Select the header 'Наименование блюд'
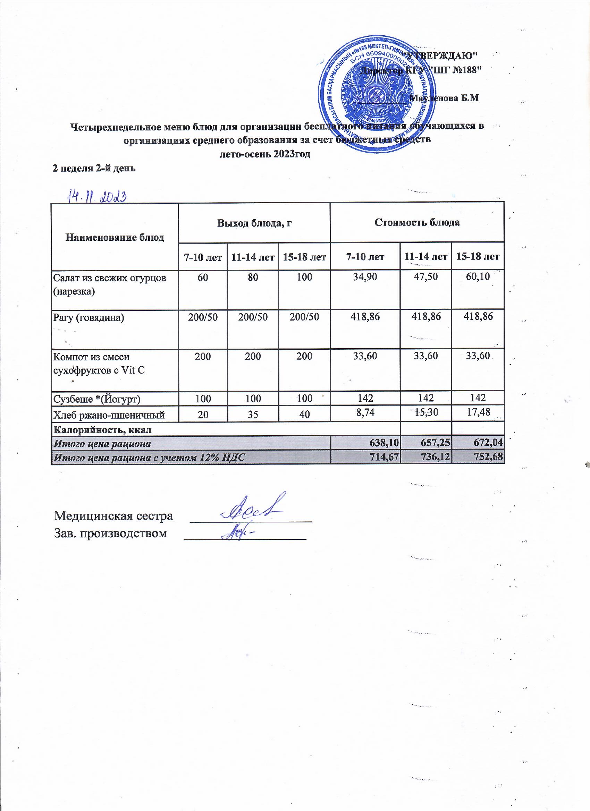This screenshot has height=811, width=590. [x=115, y=237]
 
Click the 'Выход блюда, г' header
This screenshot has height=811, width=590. [x=254, y=223]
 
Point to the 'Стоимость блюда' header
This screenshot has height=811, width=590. [x=417, y=223]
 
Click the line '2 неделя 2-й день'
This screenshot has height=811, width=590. [x=94, y=169]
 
